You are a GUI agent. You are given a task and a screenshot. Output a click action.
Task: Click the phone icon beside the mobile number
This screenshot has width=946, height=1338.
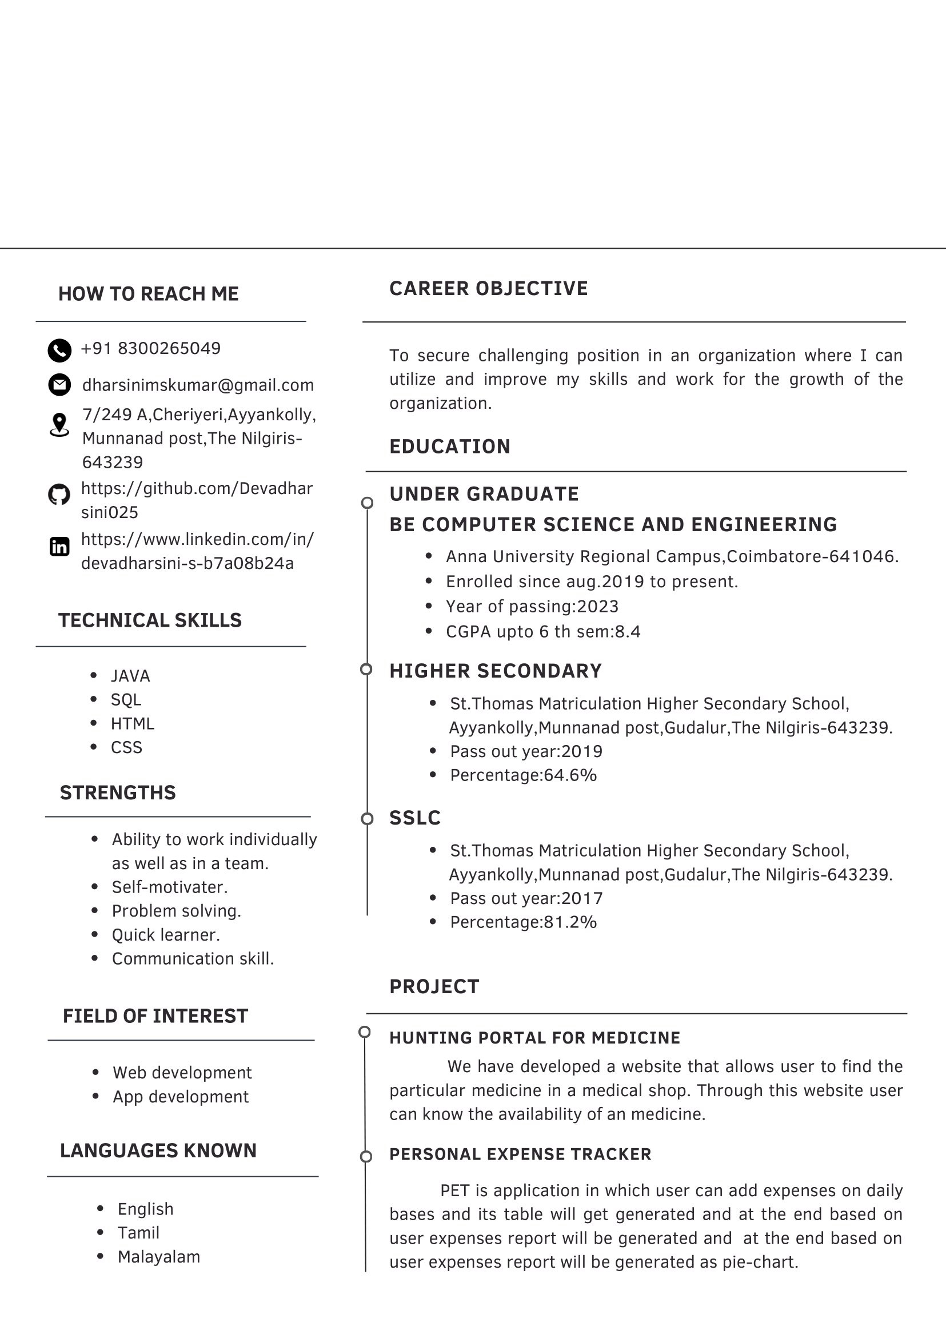coord(59,351)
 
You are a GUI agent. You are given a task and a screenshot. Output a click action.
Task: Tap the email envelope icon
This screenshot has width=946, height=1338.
coord(59,385)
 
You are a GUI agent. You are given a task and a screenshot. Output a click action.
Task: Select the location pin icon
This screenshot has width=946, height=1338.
coord(59,425)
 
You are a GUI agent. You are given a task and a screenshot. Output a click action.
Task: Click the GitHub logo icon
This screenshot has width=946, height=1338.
coord(59,495)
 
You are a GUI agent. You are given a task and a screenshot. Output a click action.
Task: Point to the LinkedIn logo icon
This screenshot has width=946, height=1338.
coord(59,547)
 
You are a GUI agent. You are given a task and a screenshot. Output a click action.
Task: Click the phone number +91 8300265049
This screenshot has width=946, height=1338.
coord(151,348)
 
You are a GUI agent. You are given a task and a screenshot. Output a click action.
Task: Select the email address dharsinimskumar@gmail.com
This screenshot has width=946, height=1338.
coord(198,385)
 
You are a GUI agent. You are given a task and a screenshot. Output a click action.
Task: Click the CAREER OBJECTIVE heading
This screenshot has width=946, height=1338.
coord(489,288)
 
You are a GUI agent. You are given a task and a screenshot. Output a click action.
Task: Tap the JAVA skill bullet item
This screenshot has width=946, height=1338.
coord(130,676)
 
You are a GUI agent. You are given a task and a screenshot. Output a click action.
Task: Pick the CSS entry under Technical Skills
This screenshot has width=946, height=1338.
coord(126,748)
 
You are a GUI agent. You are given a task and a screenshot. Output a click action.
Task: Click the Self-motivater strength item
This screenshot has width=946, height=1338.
coord(170,887)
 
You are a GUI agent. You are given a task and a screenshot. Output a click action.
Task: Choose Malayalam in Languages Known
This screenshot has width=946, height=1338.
coord(158,1257)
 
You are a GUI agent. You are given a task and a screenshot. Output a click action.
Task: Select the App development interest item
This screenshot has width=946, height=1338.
coord(181,1097)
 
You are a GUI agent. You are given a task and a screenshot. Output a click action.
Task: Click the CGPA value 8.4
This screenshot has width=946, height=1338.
coord(628,632)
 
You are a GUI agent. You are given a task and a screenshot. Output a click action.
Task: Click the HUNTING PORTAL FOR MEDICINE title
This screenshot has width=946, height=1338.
coord(535,1038)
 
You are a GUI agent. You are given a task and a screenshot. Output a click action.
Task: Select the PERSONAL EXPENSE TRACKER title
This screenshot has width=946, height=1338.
coord(520,1154)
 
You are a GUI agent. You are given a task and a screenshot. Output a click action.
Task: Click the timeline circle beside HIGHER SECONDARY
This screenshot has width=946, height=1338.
coord(366,670)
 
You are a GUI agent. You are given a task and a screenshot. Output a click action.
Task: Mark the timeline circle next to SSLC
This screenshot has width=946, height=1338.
coord(367,819)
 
